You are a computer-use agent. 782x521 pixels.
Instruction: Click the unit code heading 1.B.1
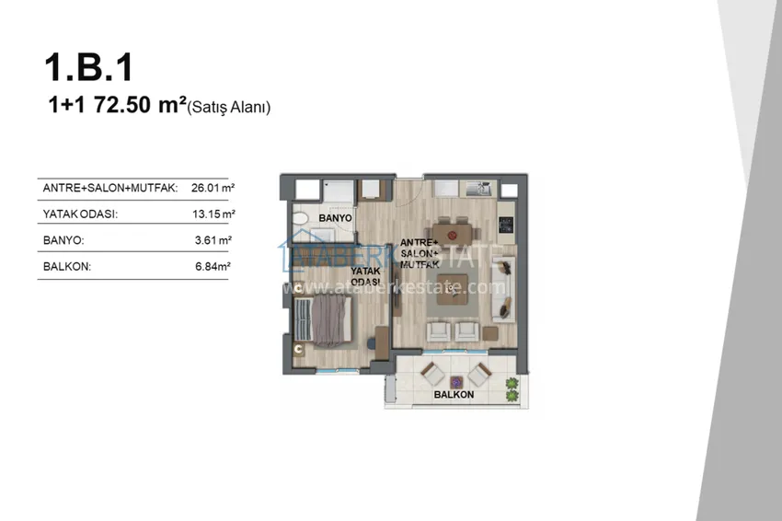pyautogui.click(x=88, y=67)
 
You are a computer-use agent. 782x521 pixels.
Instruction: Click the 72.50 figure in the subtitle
pyautogui.click(x=122, y=105)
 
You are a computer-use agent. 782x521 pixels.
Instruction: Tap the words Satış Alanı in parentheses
pyautogui.click(x=228, y=107)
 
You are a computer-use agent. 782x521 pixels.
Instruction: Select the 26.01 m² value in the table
pyautogui.click(x=213, y=188)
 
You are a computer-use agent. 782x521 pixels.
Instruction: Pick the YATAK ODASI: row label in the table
pyautogui.click(x=80, y=214)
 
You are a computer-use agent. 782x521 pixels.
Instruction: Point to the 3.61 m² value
pyautogui.click(x=213, y=240)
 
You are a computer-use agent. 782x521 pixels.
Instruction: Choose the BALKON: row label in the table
pyautogui.click(x=67, y=267)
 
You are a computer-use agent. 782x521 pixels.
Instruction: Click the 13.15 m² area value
pyautogui.click(x=213, y=214)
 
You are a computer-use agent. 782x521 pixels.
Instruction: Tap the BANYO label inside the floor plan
pyautogui.click(x=335, y=218)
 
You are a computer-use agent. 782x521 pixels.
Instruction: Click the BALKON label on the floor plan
pyautogui.click(x=454, y=394)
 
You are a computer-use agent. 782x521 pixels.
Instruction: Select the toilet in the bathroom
pyautogui.click(x=301, y=218)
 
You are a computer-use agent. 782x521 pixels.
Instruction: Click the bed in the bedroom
pyautogui.click(x=323, y=320)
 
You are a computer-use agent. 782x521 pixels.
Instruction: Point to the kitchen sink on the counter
pyautogui.click(x=478, y=189)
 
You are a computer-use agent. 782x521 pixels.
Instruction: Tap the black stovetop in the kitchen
pyautogui.click(x=506, y=225)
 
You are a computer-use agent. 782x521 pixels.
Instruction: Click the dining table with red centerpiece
pyautogui.click(x=453, y=234)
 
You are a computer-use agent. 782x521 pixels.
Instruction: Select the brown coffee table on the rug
pyautogui.click(x=453, y=289)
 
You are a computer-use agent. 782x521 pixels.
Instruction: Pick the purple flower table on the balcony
pyautogui.click(x=455, y=382)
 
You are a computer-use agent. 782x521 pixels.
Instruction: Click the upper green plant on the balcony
pyautogui.click(x=512, y=384)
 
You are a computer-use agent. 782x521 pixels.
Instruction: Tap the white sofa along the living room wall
pyautogui.click(x=503, y=289)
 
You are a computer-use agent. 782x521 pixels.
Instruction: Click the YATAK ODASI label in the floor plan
pyautogui.click(x=365, y=276)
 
